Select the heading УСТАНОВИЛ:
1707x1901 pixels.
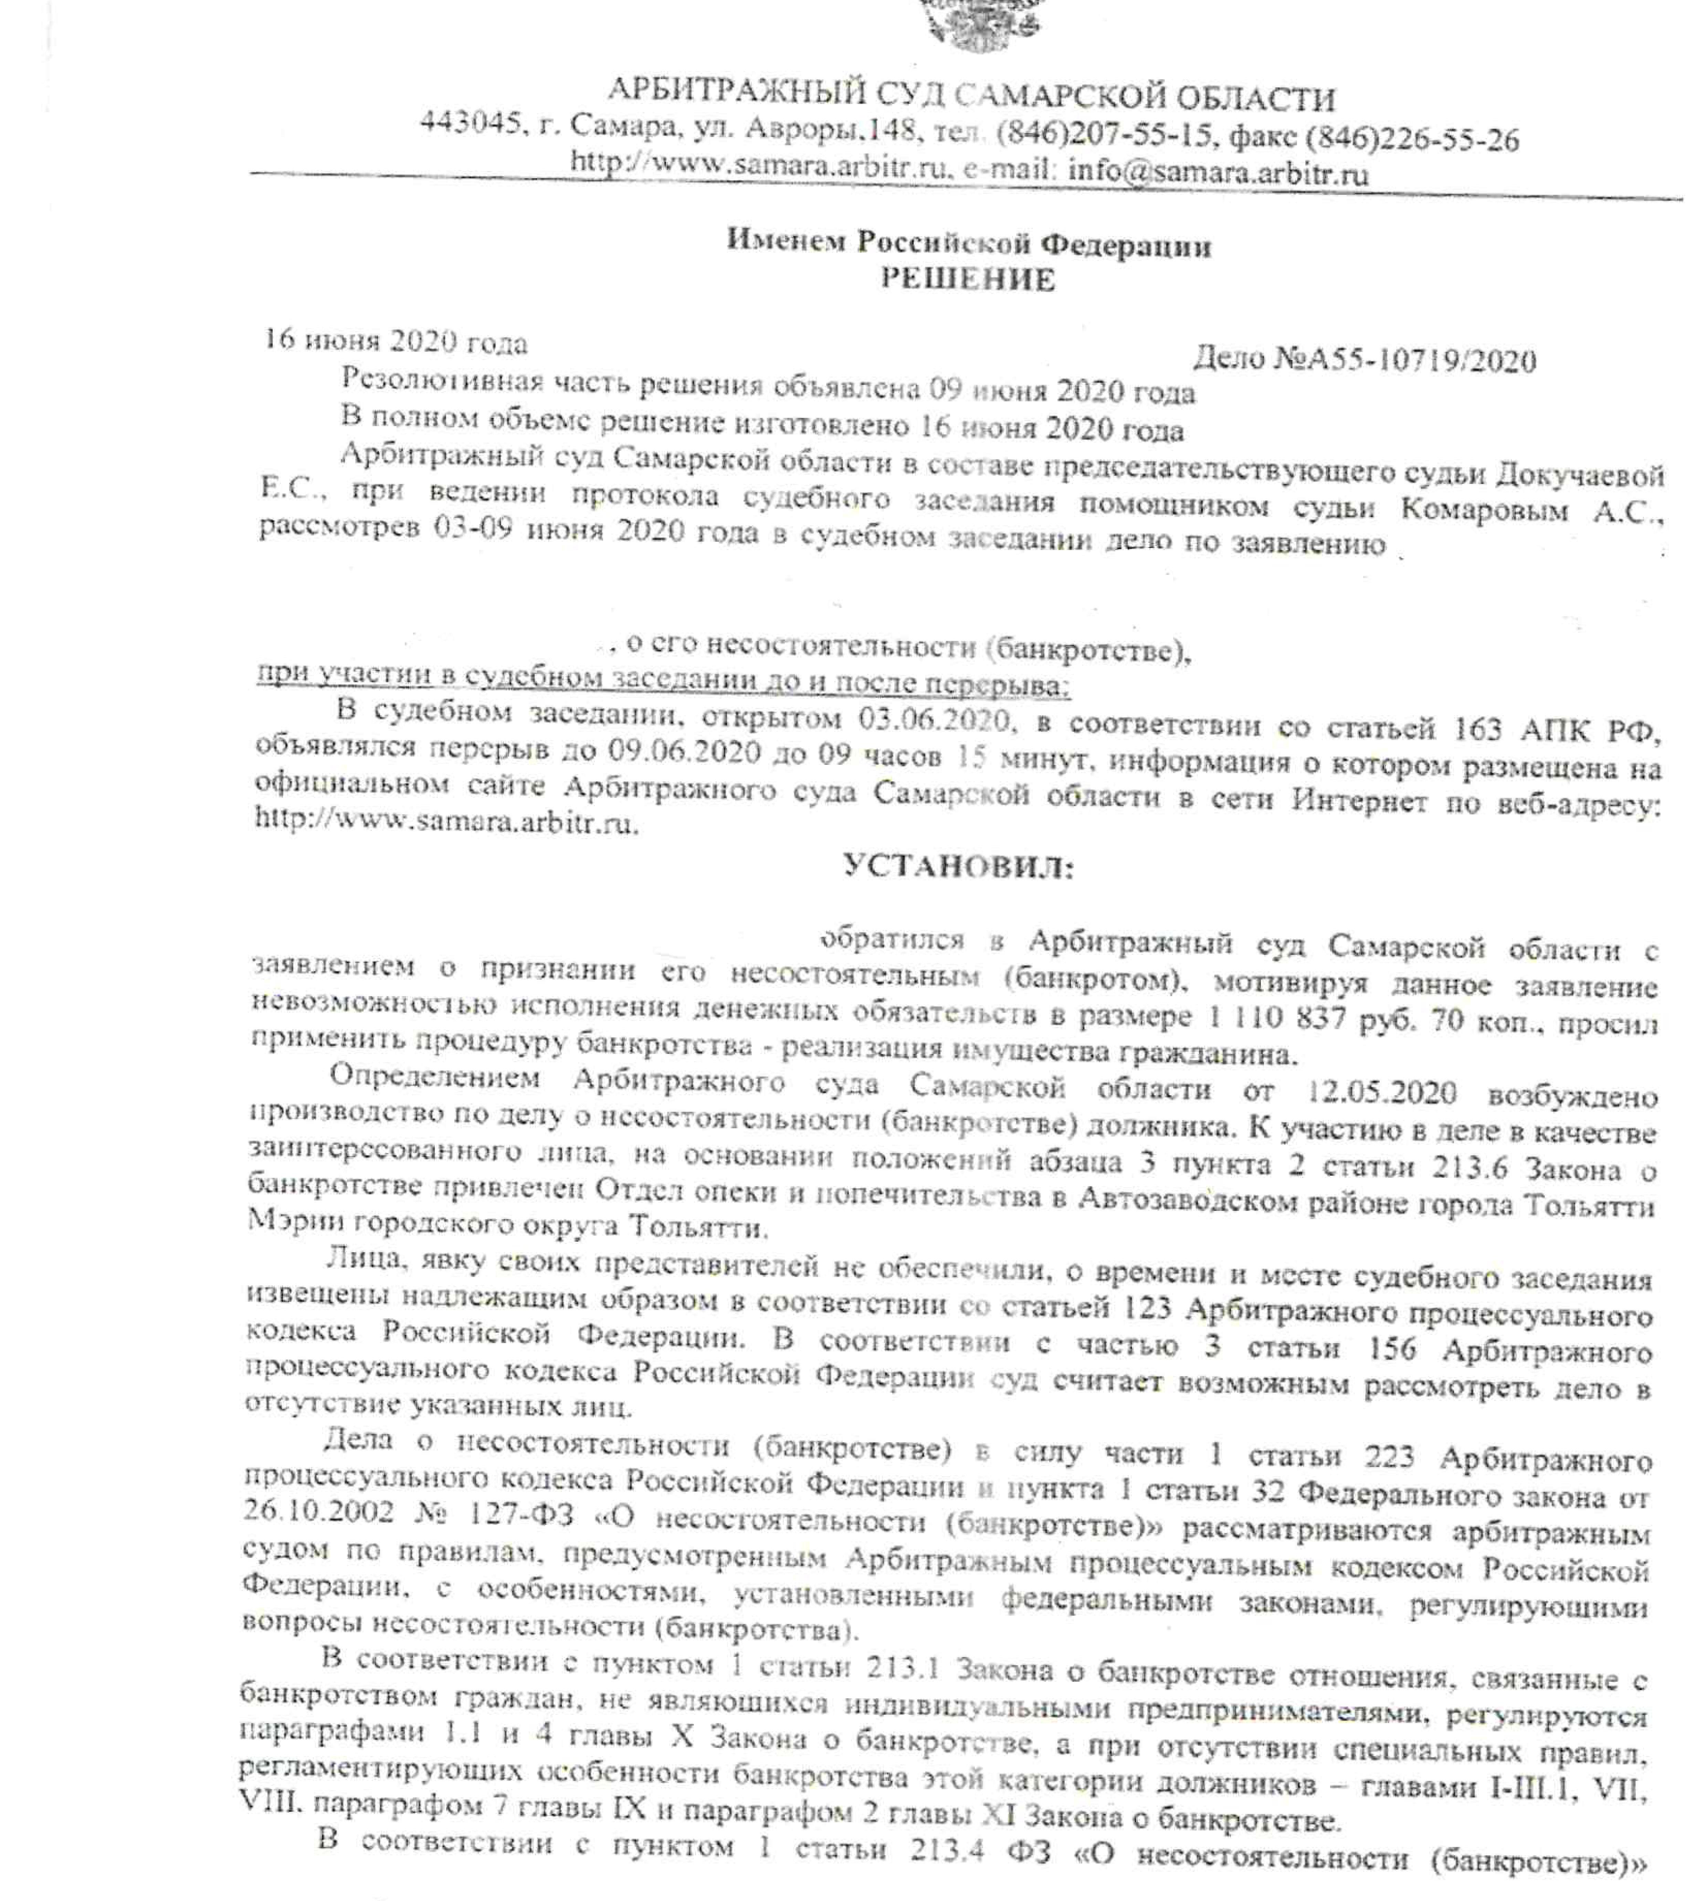point(959,866)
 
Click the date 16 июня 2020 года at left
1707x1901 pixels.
point(395,341)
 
